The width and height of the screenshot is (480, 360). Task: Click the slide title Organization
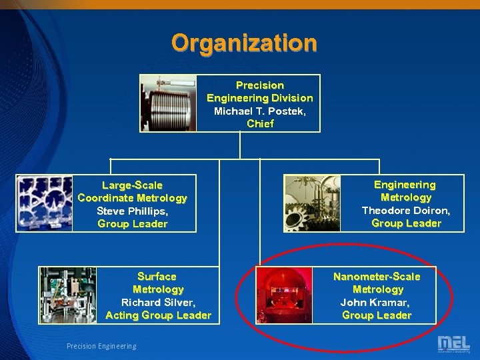244,43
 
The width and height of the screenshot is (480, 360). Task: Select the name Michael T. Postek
259,111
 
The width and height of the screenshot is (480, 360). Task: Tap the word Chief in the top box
260,123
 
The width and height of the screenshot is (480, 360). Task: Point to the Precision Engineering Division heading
259,91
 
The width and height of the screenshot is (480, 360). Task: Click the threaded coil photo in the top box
168,103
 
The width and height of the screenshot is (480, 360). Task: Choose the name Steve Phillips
132,211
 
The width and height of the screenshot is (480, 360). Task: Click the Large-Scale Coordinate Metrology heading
132,191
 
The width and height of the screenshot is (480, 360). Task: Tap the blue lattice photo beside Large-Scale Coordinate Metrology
44,203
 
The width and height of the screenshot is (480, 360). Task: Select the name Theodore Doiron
405,210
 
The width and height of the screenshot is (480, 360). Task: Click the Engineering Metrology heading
405,191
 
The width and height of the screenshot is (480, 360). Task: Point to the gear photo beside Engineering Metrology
312,203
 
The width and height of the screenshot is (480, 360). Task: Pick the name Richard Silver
158,302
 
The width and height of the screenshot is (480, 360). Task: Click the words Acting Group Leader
158,315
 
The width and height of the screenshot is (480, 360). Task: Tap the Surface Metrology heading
157,283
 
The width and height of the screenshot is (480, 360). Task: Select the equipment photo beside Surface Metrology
68,295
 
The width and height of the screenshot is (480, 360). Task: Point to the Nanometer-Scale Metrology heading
377,283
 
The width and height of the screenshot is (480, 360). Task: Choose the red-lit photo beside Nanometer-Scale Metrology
285,295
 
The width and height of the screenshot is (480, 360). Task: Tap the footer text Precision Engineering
101,346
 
